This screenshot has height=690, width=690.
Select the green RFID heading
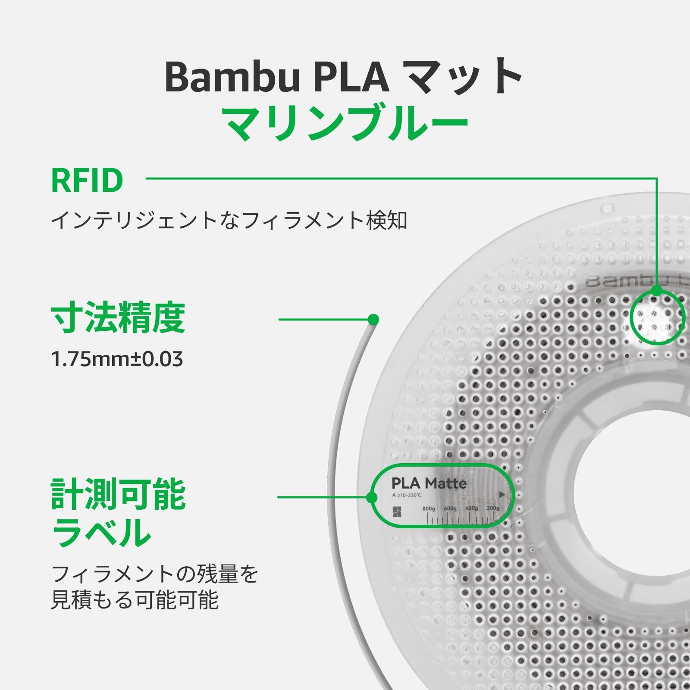click(87, 181)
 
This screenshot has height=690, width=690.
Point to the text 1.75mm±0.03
click(117, 359)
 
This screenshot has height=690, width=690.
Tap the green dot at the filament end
click(373, 320)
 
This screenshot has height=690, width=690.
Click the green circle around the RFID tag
click(657, 317)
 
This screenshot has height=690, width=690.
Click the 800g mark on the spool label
click(429, 509)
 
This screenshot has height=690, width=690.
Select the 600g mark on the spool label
click(450, 509)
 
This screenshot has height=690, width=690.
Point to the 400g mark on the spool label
click(471, 509)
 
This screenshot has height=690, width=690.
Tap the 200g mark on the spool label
click(492, 509)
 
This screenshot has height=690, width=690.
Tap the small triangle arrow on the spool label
click(502, 495)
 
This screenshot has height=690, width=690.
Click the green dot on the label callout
click(372, 498)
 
